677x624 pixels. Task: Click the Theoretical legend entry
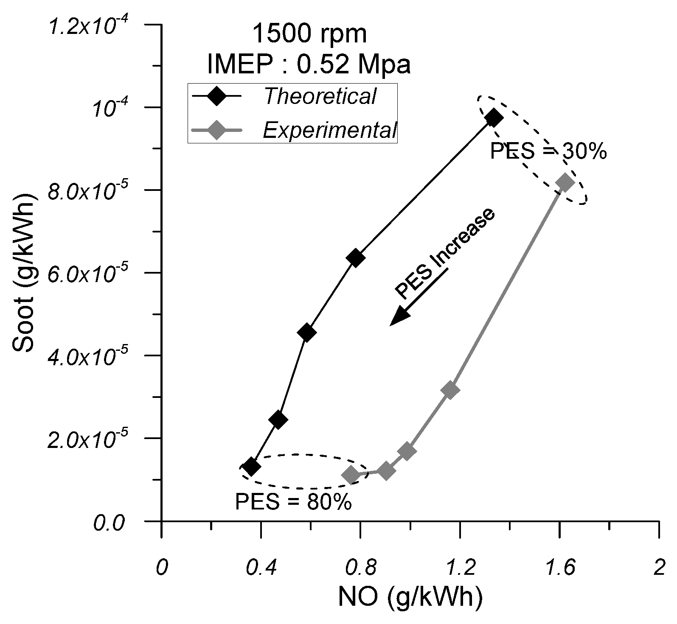319,96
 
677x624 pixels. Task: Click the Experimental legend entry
329,130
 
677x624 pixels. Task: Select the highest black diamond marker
494,118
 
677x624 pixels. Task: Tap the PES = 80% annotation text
293,502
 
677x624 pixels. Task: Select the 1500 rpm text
309,34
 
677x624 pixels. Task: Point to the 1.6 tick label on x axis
559,568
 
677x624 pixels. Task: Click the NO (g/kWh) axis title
410,597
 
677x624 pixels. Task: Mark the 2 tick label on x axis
658,568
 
